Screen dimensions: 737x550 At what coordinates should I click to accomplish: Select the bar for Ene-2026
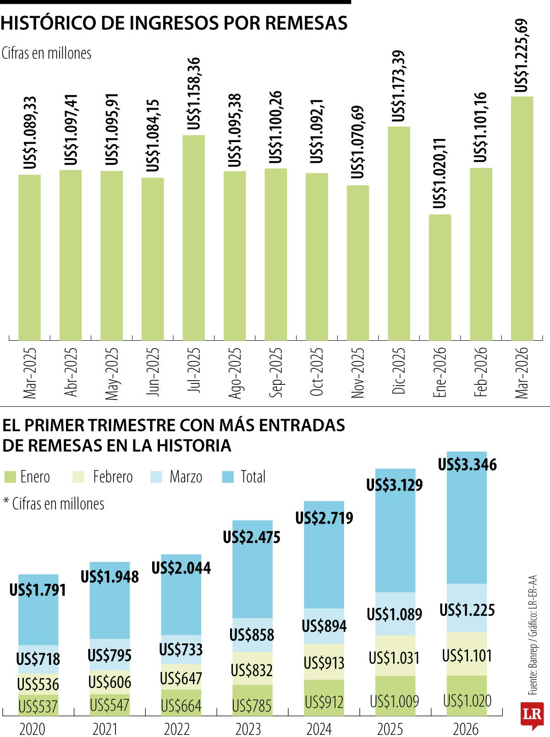(440, 277)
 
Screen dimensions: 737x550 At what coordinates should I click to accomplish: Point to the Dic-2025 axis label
(399, 371)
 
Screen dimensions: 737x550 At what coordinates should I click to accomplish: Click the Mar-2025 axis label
(29, 373)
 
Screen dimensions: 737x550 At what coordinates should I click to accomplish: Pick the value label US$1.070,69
(357, 143)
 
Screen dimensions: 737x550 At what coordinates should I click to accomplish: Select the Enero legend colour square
(10, 477)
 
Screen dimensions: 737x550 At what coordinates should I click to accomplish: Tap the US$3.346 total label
(467, 465)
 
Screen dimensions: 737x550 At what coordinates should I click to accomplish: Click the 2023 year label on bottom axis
(248, 729)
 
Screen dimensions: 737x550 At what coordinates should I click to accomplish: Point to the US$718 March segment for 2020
(38, 659)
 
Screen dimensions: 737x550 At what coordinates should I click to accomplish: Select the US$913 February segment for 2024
(324, 663)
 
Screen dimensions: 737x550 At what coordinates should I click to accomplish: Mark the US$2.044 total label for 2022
(181, 568)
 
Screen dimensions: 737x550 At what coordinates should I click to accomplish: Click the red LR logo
(532, 715)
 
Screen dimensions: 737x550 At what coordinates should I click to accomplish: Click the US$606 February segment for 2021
(110, 682)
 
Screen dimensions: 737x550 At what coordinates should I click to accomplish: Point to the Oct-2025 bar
(317, 256)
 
